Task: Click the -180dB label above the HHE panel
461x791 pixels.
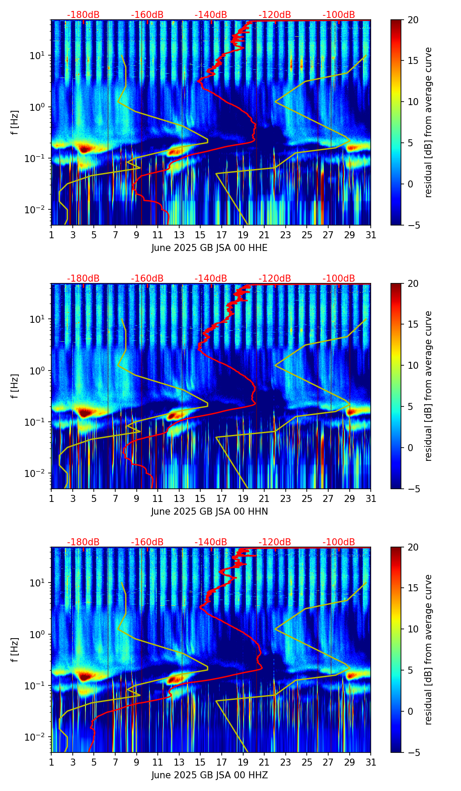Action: [83, 15]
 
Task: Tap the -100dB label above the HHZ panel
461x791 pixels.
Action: [339, 542]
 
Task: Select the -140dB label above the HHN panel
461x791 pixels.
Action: [211, 279]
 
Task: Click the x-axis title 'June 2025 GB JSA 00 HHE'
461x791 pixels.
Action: [209, 248]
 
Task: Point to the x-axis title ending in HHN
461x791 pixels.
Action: [209, 512]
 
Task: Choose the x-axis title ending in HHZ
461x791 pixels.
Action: [209, 775]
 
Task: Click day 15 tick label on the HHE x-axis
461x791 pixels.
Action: [200, 235]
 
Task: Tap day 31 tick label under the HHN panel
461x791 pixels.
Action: [371, 498]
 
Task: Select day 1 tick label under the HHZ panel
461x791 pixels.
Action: [51, 762]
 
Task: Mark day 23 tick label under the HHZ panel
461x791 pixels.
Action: [285, 762]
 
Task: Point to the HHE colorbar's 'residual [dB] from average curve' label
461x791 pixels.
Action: [429, 122]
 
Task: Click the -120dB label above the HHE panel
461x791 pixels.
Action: [275, 15]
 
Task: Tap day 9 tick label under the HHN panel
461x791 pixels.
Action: [136, 498]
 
